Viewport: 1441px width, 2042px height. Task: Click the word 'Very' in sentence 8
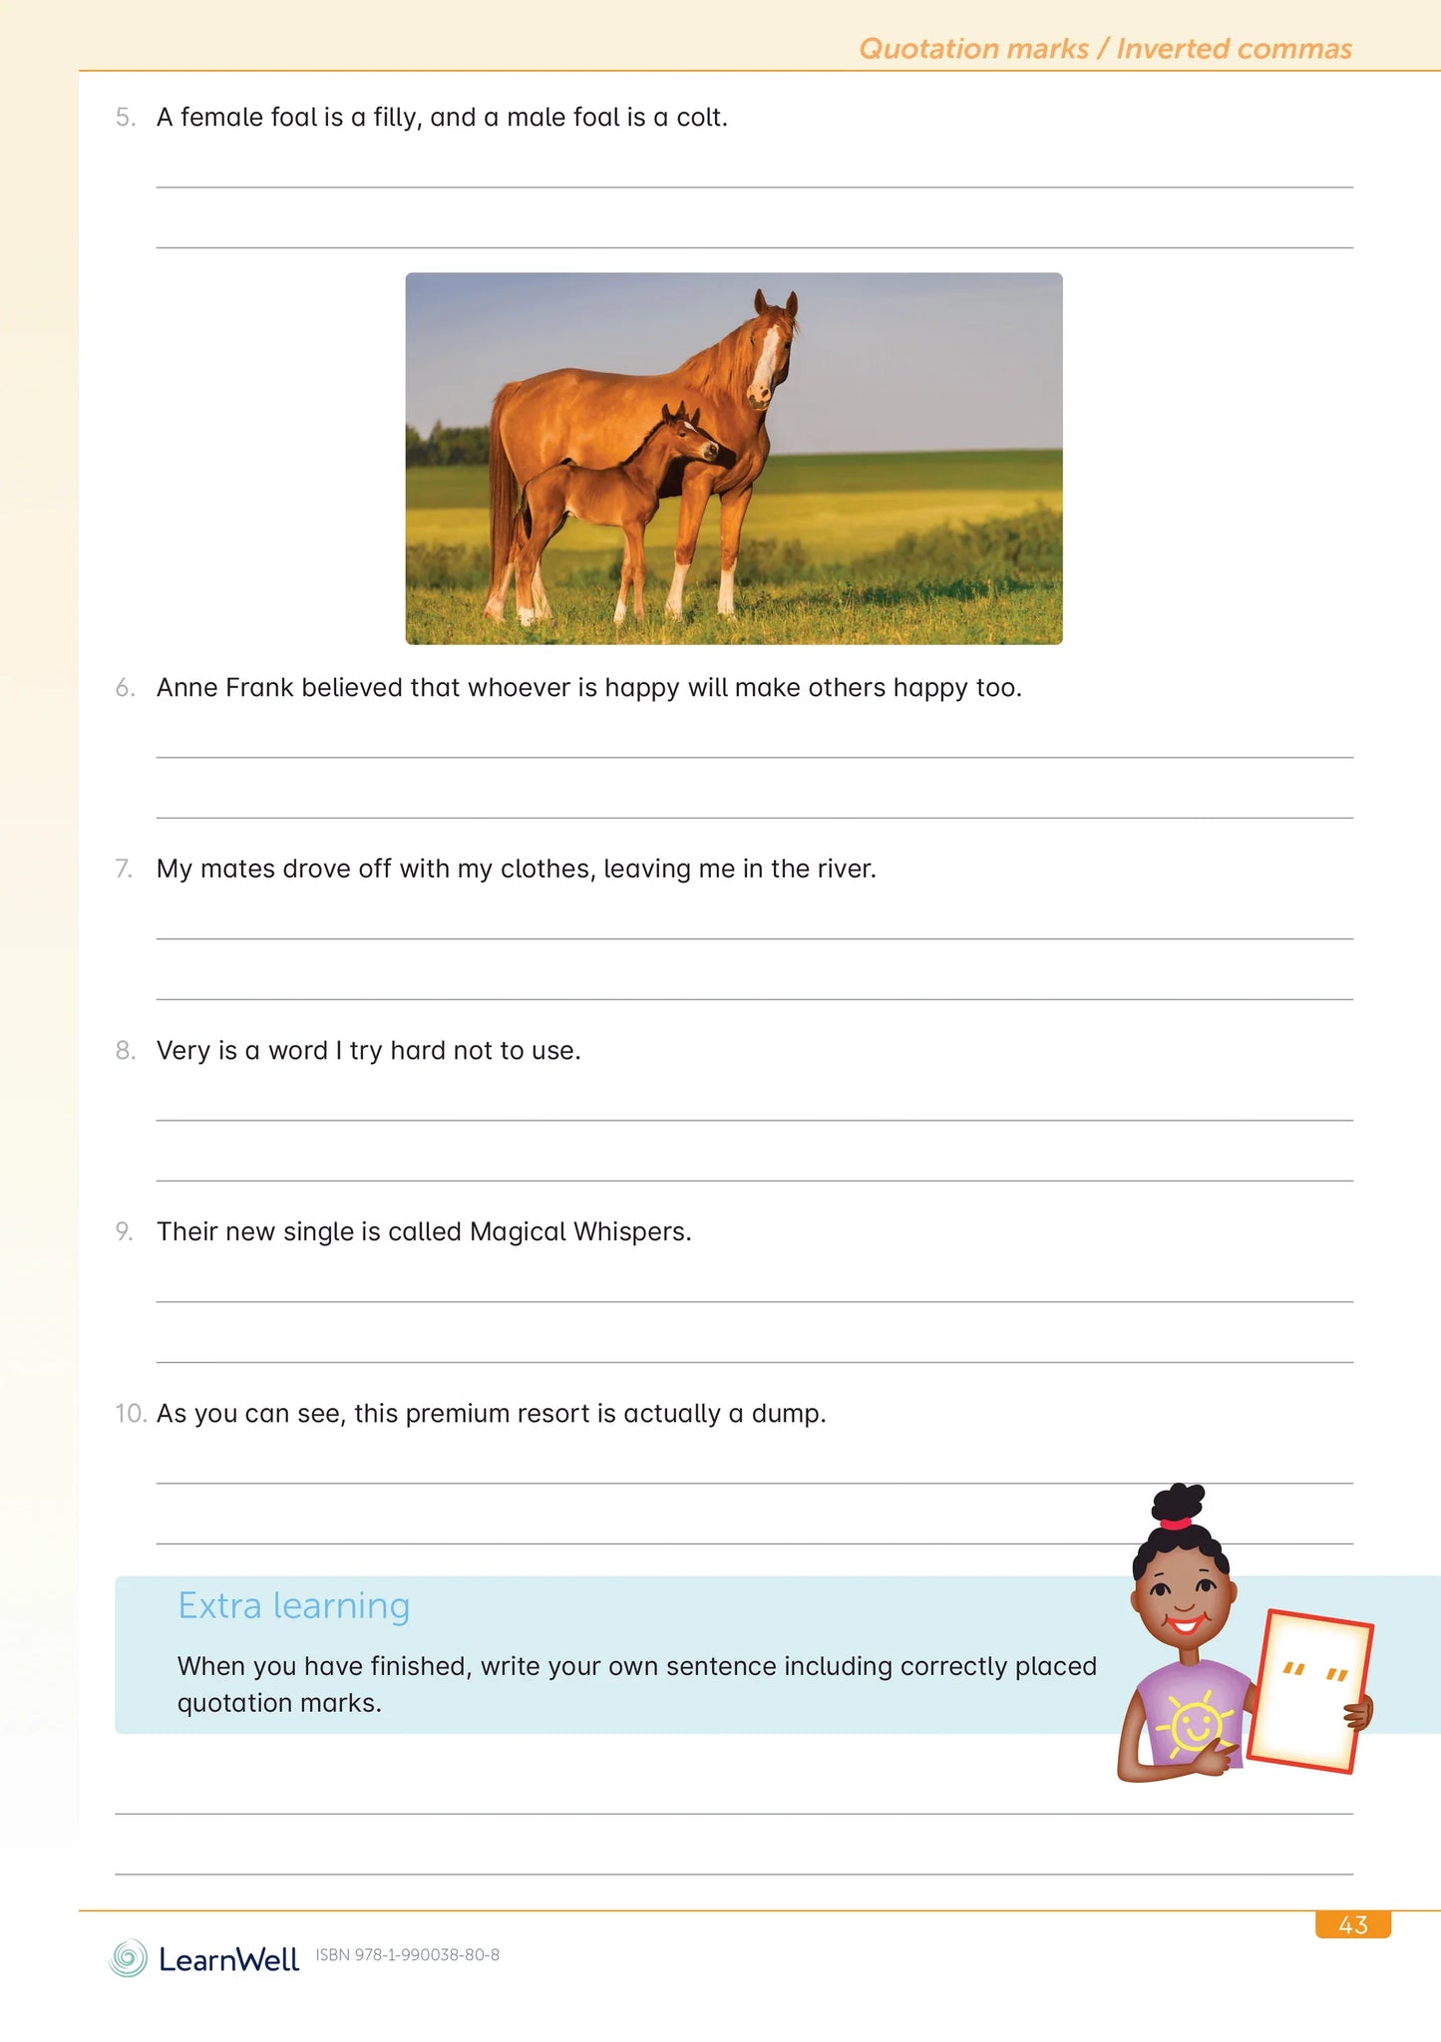point(183,1051)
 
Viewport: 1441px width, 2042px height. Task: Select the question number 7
point(124,869)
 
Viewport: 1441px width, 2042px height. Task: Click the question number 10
point(131,1414)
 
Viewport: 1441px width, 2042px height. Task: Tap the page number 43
point(1352,1925)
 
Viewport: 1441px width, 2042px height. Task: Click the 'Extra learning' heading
point(294,1606)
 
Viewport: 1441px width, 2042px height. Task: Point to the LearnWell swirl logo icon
point(128,1958)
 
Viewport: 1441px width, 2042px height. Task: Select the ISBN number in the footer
point(407,1955)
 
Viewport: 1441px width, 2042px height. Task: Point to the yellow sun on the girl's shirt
point(1195,1723)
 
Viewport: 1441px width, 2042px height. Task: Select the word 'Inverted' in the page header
point(1173,49)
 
